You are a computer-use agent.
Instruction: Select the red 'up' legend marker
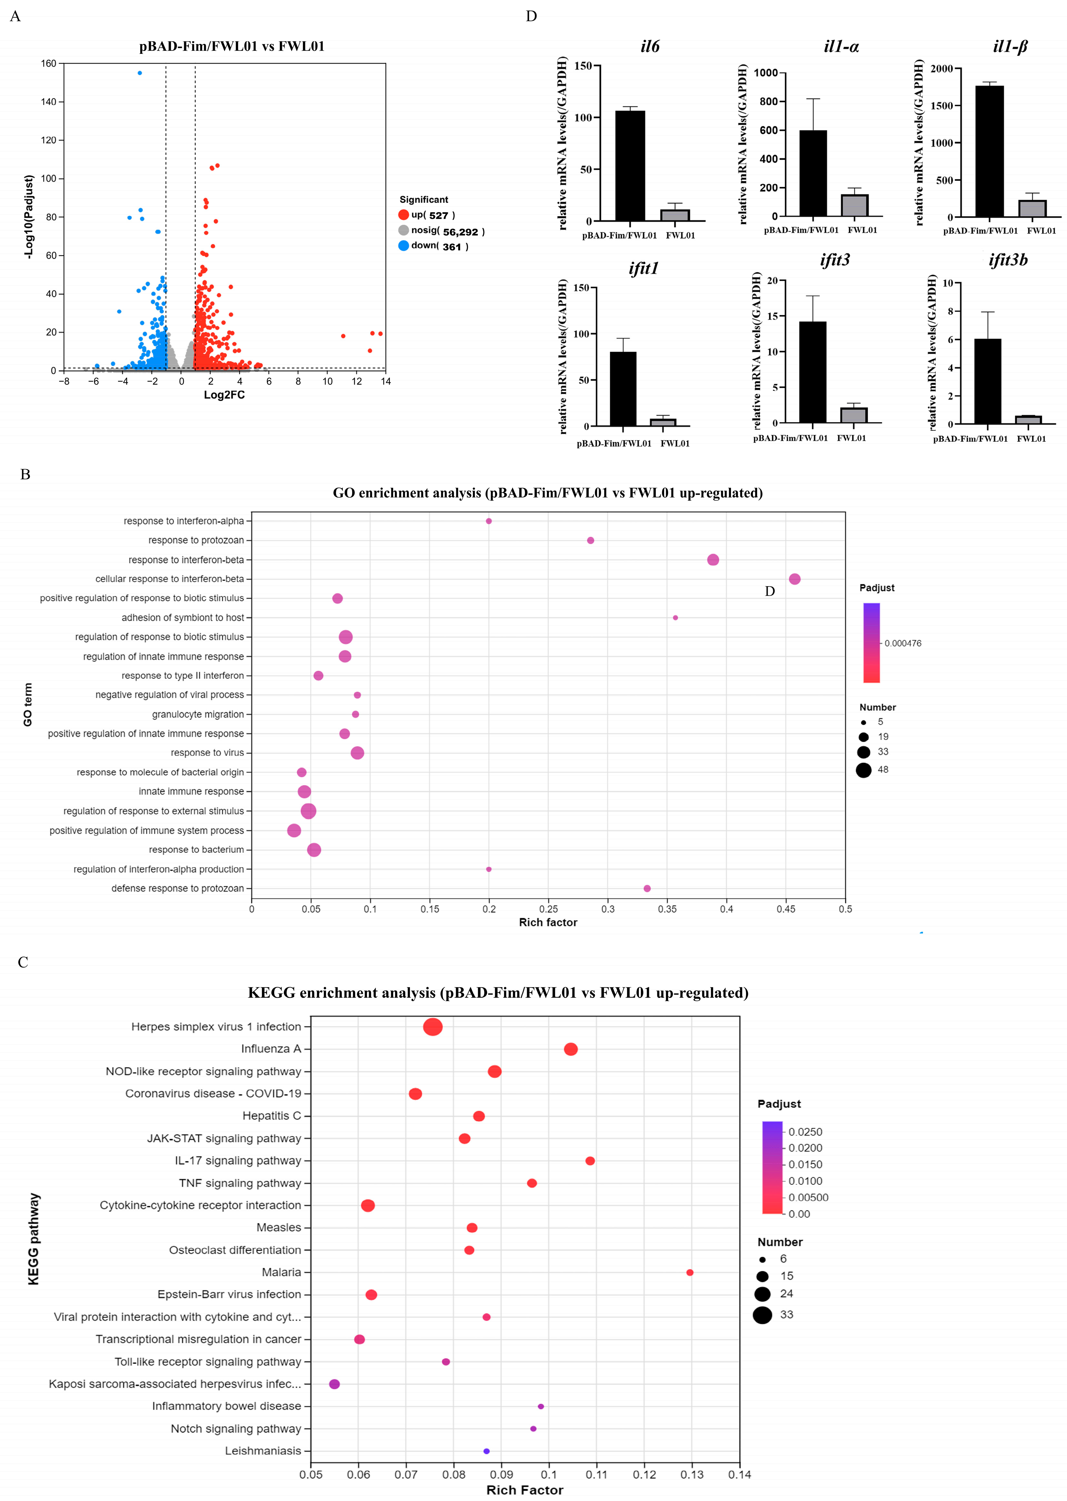coord(404,215)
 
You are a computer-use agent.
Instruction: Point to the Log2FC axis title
coord(224,395)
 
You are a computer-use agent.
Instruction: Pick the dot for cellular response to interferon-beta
coord(794,579)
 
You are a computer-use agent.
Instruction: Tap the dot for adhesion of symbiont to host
coord(675,618)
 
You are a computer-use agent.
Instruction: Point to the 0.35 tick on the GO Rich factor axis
coord(667,909)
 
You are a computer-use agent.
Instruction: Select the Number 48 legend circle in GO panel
coord(863,770)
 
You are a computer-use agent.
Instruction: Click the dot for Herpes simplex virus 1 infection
coord(432,1026)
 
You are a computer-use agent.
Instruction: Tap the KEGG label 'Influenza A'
coord(271,1049)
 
